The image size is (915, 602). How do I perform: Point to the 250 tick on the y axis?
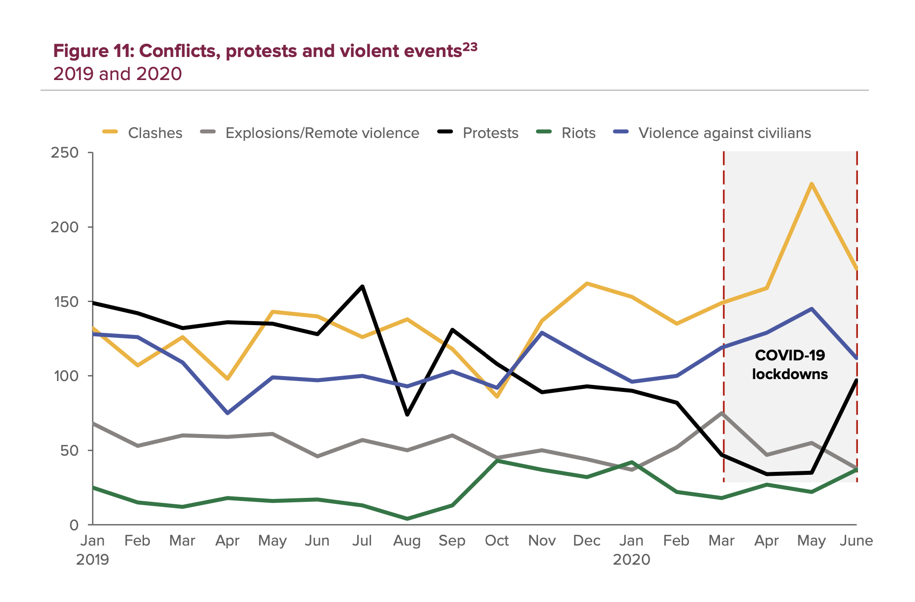65,153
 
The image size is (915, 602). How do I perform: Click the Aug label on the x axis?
407,541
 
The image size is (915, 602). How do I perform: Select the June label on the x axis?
856,541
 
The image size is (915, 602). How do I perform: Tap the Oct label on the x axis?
497,541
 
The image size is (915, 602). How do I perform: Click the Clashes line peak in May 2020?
812,184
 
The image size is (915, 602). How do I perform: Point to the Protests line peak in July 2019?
362,286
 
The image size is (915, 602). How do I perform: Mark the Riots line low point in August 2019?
407,519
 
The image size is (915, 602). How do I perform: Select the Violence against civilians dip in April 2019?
228,413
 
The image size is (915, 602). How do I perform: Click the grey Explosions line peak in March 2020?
722,413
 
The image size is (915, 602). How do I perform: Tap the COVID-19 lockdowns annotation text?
790,364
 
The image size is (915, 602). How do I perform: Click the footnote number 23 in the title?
470,47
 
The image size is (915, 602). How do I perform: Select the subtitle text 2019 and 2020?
117,74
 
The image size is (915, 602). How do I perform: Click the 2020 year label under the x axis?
631,559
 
